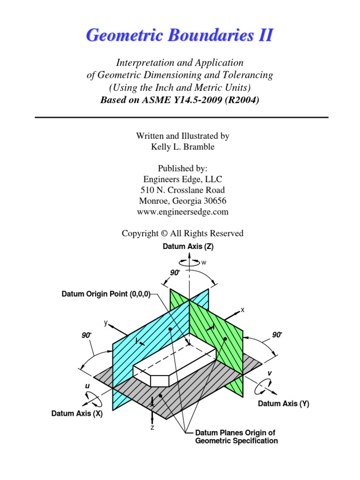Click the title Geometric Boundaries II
coord(180,35)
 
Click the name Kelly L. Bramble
coord(182,147)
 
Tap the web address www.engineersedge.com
coord(182,211)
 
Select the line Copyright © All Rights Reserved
coord(182,233)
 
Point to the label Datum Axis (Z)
coord(187,247)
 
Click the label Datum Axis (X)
coord(77,413)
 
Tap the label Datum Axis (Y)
coord(284,403)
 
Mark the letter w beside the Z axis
coord(203,263)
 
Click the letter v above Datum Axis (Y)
coord(270,373)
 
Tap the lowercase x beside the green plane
coord(243,310)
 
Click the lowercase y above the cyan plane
coord(106,322)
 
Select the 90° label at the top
coord(174,272)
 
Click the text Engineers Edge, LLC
coord(182,179)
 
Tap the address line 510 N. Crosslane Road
coord(182,190)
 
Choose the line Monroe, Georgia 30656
coord(182,201)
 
